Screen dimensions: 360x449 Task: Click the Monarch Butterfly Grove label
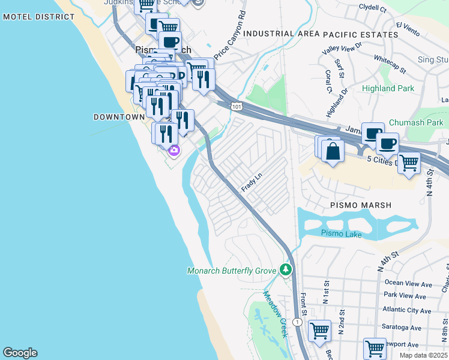tap(231, 271)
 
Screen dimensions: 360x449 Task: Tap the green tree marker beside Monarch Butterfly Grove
tap(287, 271)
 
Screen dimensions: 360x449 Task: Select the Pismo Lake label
tap(341, 233)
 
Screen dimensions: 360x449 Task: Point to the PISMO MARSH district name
tap(361, 205)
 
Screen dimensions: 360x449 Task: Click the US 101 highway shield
tap(237, 106)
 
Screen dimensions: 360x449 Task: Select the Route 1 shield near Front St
tap(297, 322)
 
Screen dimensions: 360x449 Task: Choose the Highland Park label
tap(388, 88)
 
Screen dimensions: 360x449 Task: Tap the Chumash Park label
tap(415, 122)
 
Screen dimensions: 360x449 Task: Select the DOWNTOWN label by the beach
tap(119, 117)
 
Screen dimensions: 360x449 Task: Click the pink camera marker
tap(174, 151)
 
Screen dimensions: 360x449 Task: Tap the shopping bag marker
tap(332, 151)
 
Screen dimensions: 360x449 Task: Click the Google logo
tap(20, 353)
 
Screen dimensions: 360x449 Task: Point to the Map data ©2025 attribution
tap(423, 355)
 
